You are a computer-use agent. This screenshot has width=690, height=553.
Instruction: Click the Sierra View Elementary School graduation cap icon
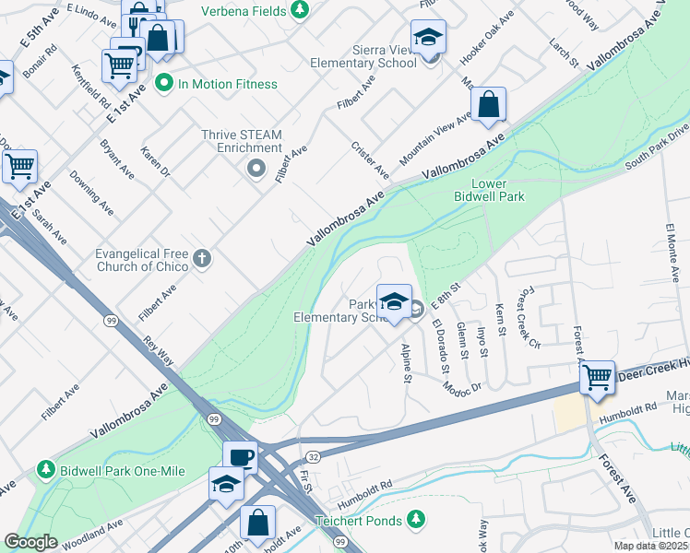(x=428, y=38)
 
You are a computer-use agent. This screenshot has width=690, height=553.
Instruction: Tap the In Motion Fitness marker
(x=165, y=84)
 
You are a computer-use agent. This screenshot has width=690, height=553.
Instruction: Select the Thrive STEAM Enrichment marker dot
(x=256, y=169)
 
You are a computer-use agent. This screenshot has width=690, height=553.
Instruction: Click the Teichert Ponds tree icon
(x=418, y=521)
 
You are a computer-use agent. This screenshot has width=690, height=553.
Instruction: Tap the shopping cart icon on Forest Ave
(x=597, y=377)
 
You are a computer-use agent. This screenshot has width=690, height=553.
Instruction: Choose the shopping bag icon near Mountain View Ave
(x=490, y=105)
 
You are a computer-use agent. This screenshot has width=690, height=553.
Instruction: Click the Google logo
(x=31, y=541)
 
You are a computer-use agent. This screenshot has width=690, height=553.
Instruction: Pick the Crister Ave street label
(x=371, y=160)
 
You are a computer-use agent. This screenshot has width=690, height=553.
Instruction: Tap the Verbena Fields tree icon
(x=299, y=9)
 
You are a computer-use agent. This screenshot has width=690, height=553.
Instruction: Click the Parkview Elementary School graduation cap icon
(x=394, y=301)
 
